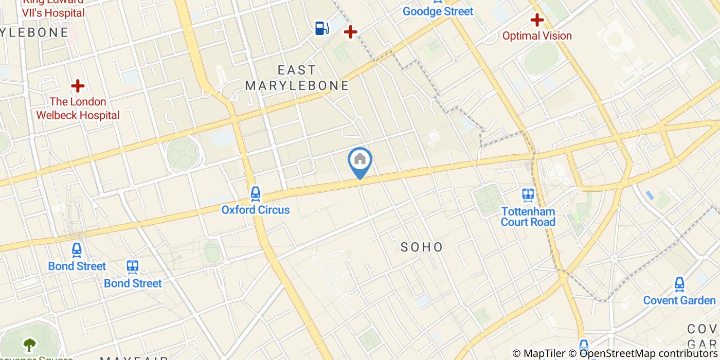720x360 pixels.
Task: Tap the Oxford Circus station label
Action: tap(256, 210)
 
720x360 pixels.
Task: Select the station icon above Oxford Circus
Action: tap(256, 194)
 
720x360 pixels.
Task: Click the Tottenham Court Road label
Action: tap(528, 217)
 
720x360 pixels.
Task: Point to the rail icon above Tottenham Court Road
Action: tap(528, 195)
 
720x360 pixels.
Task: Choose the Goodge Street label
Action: tap(438, 11)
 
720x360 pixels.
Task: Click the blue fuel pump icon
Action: tap(322, 28)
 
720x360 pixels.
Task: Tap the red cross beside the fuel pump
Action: tap(350, 32)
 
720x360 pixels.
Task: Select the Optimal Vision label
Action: tap(537, 36)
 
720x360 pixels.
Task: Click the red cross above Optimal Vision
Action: tap(537, 20)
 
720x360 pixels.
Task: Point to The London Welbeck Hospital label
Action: tap(78, 109)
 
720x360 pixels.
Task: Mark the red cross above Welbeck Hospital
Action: tap(78, 85)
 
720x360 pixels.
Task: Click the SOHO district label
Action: tap(422, 247)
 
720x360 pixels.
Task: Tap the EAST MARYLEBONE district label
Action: tap(297, 78)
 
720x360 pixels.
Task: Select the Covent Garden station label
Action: tap(679, 300)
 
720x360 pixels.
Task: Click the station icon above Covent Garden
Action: tap(679, 284)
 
